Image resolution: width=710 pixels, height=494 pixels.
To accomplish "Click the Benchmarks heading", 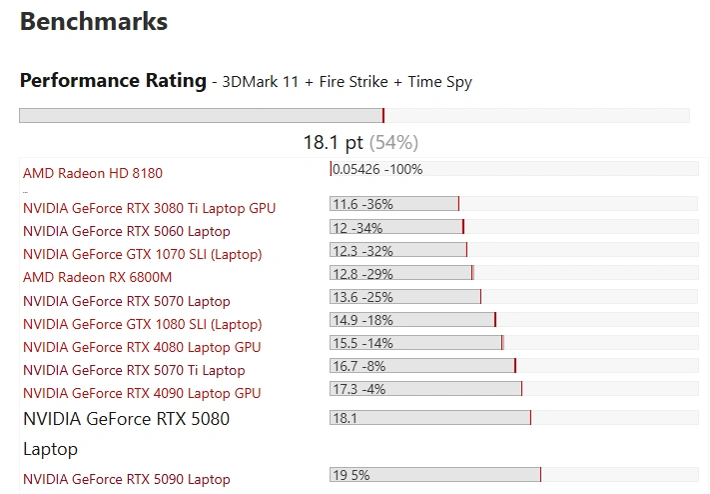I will click(x=94, y=21).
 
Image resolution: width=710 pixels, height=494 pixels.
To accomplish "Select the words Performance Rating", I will click(x=113, y=81).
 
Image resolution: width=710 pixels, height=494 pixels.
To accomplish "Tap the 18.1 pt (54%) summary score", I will click(x=360, y=142).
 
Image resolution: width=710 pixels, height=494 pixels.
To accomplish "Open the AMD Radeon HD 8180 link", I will click(x=92, y=173).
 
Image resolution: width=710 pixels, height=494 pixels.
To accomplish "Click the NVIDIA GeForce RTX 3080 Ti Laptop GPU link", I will click(x=149, y=208).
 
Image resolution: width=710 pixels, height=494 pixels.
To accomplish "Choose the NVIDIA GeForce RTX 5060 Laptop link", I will click(x=126, y=231).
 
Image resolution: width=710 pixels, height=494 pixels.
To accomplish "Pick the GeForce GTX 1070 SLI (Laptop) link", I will click(x=142, y=254).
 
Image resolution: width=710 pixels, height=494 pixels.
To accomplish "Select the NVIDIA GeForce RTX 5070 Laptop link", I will click(x=126, y=301).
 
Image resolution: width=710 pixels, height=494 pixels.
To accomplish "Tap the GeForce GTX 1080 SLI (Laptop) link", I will click(x=142, y=324).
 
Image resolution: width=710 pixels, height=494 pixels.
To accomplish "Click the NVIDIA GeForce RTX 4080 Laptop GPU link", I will click(x=142, y=347).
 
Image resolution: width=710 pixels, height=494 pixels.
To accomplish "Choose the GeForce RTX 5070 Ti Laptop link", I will click(x=134, y=370).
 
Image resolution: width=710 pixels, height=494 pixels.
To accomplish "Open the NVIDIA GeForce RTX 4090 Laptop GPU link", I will click(x=142, y=393).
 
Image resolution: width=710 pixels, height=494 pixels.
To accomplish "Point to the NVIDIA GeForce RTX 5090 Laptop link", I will click(x=126, y=479).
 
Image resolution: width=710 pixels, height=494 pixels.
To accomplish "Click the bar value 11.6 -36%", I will click(x=362, y=204).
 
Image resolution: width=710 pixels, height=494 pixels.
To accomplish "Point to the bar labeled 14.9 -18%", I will click(x=362, y=320).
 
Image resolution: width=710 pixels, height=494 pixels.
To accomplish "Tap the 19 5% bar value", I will click(x=352, y=475).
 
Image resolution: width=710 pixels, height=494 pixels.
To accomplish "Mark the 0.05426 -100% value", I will click(x=377, y=169).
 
